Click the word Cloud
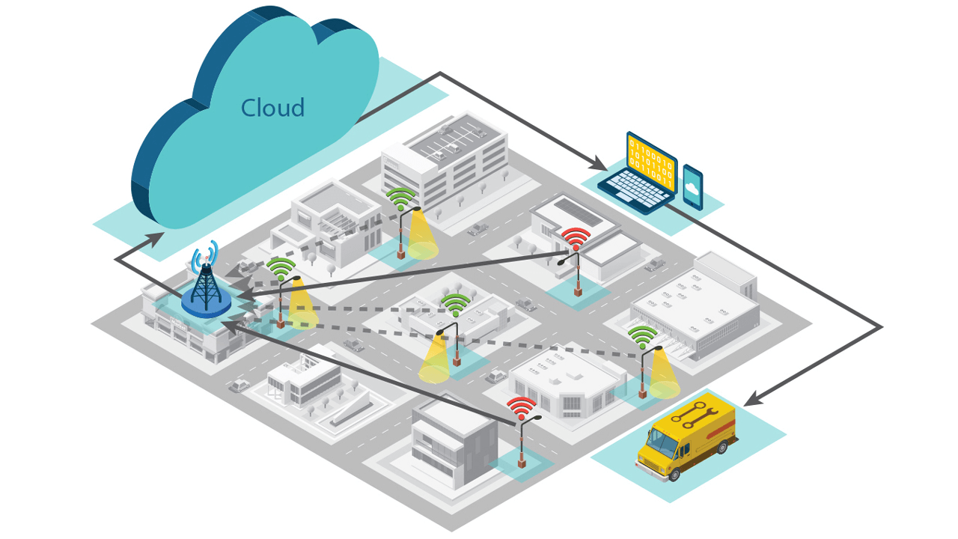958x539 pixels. coord(272,109)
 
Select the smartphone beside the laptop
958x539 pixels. coord(692,187)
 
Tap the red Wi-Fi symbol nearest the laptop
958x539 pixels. coord(576,238)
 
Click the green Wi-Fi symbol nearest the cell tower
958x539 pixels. coord(281,269)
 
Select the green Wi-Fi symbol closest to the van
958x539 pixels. coord(642,337)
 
